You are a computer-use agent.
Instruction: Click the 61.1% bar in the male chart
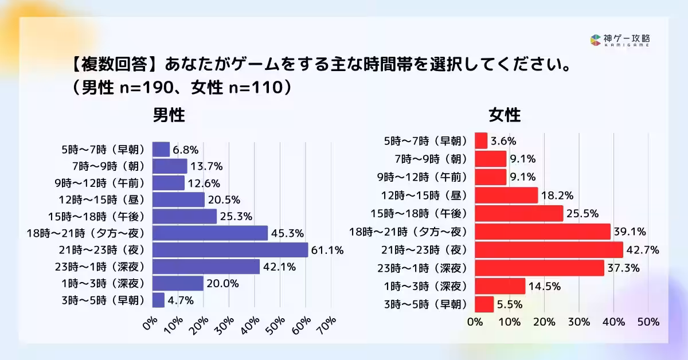coord(230,250)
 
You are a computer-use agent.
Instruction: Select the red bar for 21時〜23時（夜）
coord(549,250)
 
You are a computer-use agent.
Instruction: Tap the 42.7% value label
coord(643,250)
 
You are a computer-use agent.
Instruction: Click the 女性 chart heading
coord(505,115)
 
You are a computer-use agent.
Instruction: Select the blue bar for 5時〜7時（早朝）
coord(161,150)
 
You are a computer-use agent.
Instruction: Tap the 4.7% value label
coord(181,300)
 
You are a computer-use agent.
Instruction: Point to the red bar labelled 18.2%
coord(507,195)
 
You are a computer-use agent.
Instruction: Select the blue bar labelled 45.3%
coord(210,233)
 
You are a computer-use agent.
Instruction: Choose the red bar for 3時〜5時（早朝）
coord(484,304)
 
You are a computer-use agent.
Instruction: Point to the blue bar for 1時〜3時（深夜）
coord(178,284)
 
